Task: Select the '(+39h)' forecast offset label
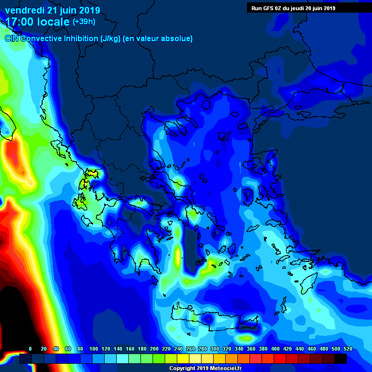(x=84, y=22)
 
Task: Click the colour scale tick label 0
(x=30, y=349)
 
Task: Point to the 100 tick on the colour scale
(x=93, y=349)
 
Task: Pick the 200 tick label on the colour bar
(x=154, y=349)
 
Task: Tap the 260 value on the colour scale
(x=190, y=349)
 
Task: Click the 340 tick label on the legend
(x=239, y=349)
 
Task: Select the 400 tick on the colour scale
(x=275, y=349)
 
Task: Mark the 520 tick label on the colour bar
(x=348, y=349)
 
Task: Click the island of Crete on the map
(x=218, y=317)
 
